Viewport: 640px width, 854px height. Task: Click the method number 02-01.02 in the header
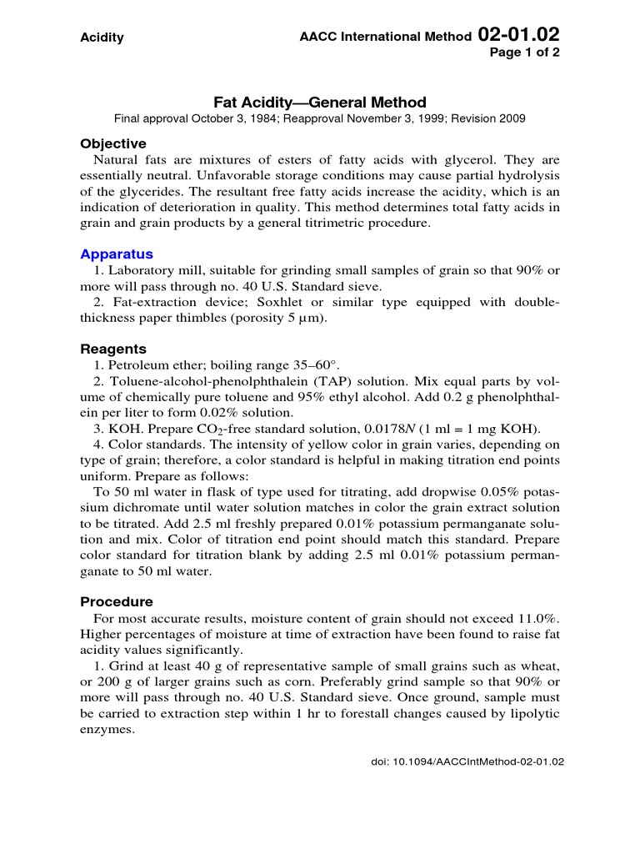[518, 35]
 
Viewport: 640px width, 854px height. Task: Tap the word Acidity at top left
[102, 38]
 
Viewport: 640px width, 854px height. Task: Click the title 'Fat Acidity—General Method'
[320, 103]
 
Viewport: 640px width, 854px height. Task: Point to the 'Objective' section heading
[112, 143]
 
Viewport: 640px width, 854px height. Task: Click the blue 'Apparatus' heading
[117, 254]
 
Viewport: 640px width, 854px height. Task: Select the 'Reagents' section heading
[113, 349]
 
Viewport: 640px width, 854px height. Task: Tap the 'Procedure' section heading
[117, 601]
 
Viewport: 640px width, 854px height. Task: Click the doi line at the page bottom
[467, 761]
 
